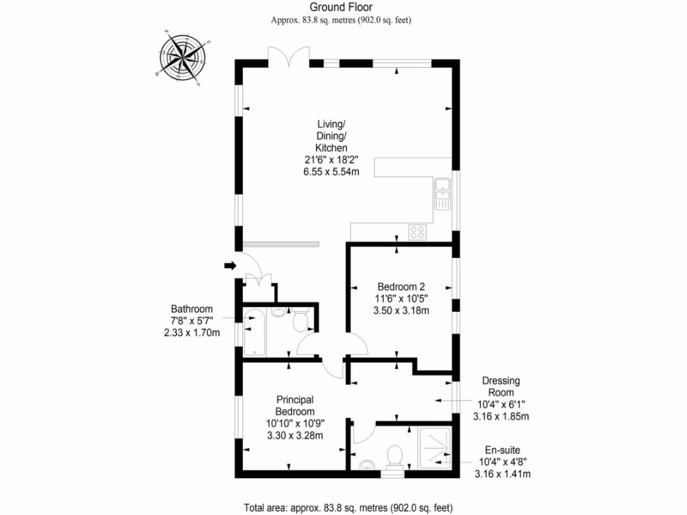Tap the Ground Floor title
(x=341, y=7)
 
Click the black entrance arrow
(x=230, y=266)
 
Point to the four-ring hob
(x=417, y=232)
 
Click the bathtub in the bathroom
(x=255, y=332)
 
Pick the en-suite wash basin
(x=366, y=465)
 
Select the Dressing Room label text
(x=500, y=387)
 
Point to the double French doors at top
(x=288, y=56)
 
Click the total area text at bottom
(x=343, y=508)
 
